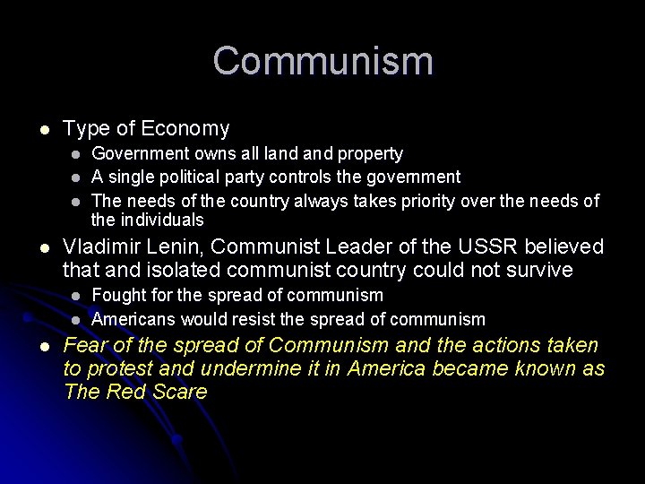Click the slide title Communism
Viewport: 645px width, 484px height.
[322, 61]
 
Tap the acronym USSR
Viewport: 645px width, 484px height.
[487, 246]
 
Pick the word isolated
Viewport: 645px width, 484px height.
[185, 270]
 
